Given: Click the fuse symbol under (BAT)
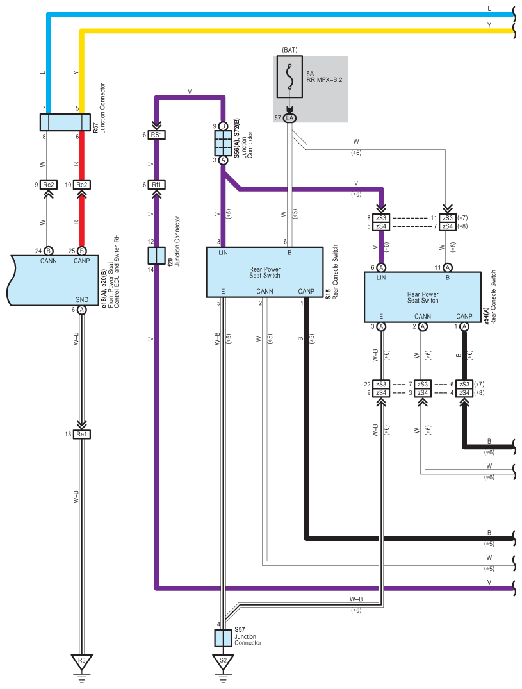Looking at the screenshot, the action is coord(290,76).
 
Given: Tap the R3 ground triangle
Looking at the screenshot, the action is coord(81,661).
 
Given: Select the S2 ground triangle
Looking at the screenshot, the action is coord(223,661).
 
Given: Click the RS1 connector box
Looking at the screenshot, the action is coord(156,135).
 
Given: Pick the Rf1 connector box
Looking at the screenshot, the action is coord(156,185).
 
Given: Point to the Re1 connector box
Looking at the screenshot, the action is coord(81,434).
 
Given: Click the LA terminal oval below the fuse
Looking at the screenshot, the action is coord(290,118).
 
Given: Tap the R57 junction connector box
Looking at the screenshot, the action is coord(65,122).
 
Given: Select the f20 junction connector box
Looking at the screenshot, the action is coord(156,256).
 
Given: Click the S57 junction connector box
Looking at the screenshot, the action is coord(223,638).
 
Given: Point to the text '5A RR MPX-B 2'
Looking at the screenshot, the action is coord(324,77).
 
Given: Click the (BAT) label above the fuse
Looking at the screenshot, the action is coord(290,50).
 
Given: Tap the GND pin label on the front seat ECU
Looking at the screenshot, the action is coord(81,300).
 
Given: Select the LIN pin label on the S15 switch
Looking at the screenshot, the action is coord(223,253).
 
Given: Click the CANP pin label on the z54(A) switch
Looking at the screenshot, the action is coord(464,317).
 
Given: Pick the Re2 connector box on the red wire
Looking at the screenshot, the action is coord(81,185).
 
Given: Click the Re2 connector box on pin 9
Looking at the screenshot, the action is coord(48,185).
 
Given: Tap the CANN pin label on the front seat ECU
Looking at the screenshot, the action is coord(48,261).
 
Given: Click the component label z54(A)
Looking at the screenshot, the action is coord(486,317).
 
